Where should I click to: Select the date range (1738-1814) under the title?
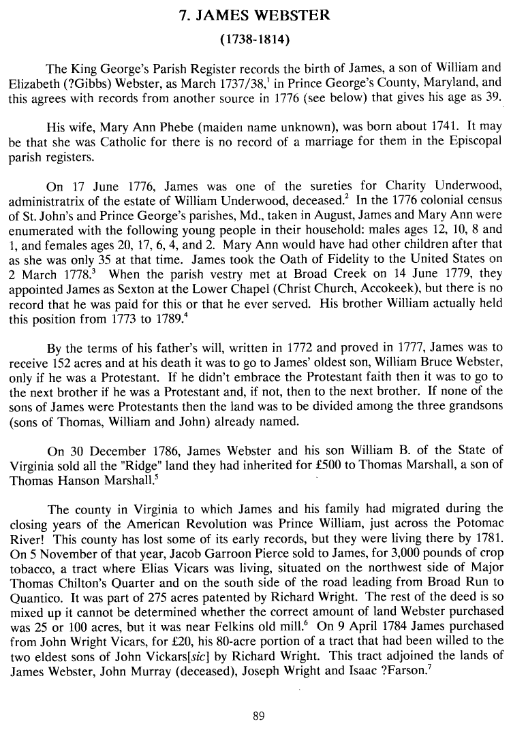coord(255,40)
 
